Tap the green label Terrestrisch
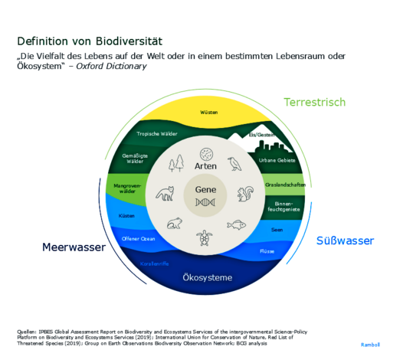click(314, 102)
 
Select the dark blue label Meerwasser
click(73, 247)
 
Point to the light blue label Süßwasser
click(345, 241)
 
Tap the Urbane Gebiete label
click(277, 160)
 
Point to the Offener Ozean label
click(139, 238)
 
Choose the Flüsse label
click(267, 250)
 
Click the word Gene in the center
click(205, 189)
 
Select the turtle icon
click(205, 238)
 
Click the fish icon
click(238, 224)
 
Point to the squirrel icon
click(246, 194)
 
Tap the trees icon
click(177, 162)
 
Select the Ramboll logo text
click(372, 345)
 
